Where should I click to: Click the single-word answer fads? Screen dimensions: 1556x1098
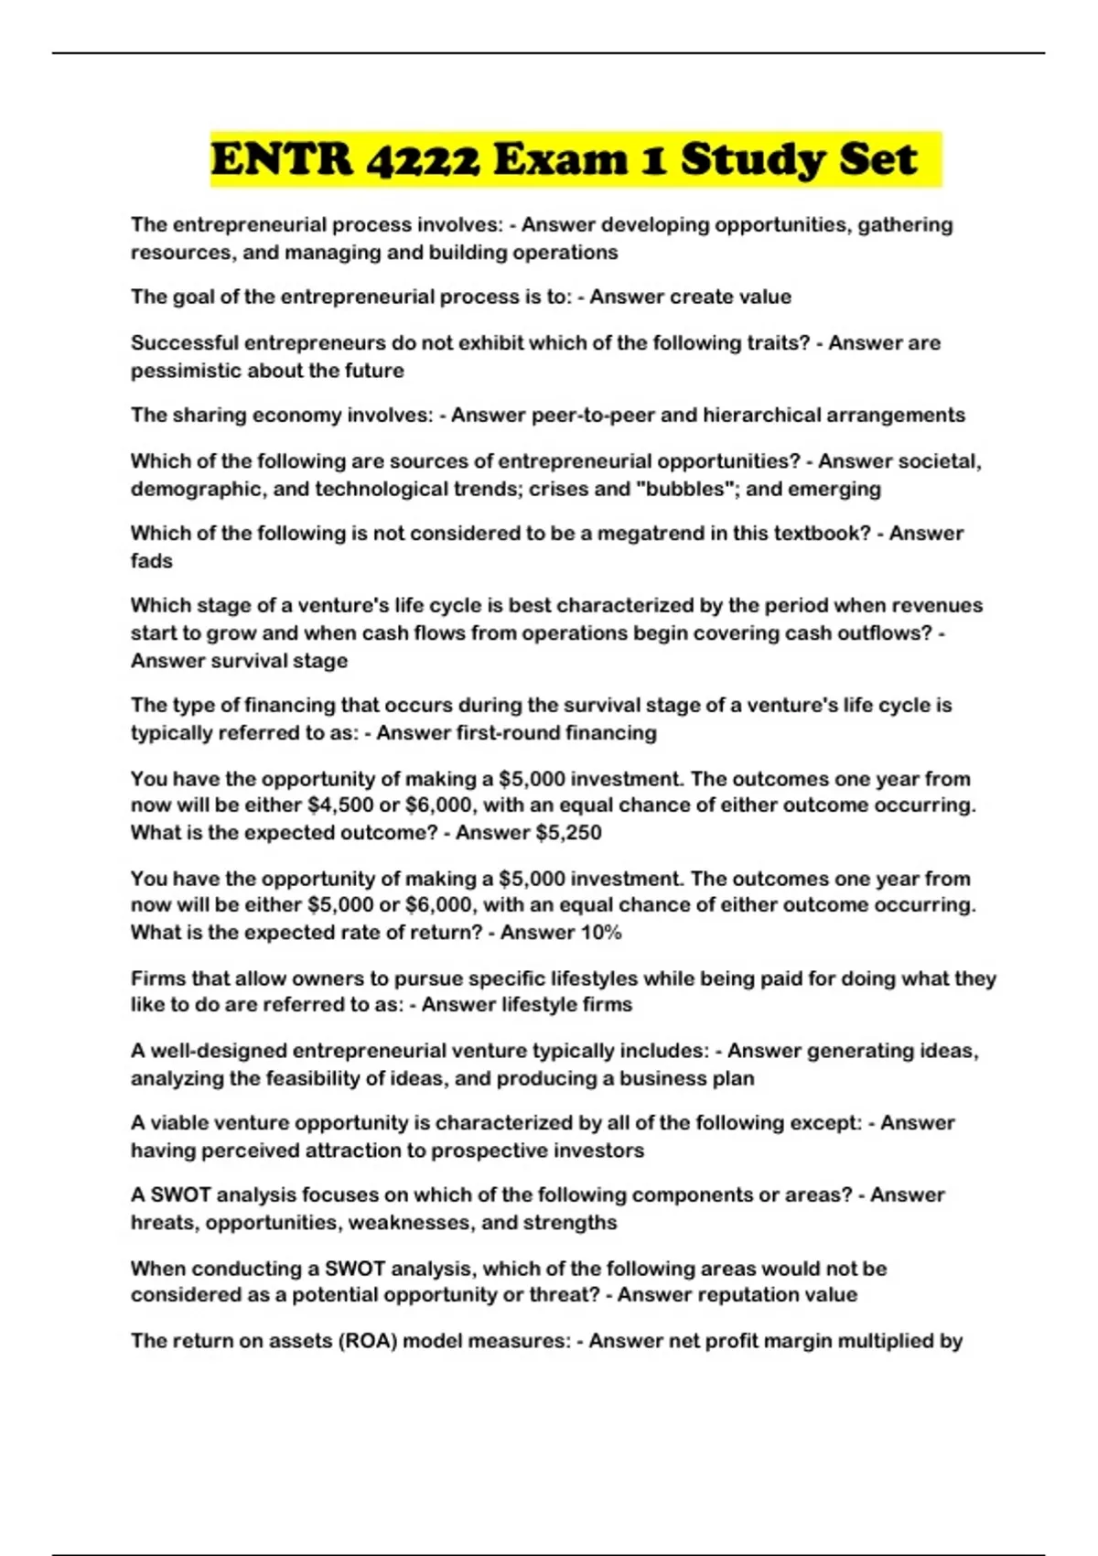(x=151, y=561)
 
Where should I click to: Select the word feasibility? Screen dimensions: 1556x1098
(x=312, y=1078)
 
